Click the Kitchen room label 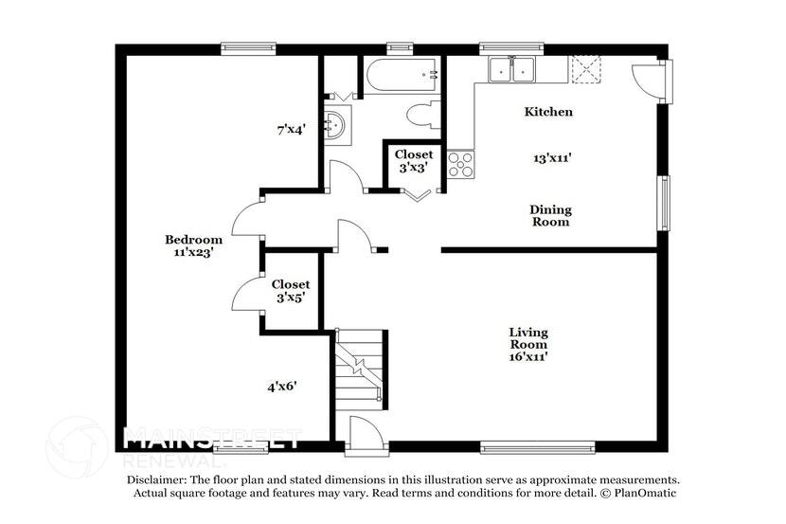[548, 112]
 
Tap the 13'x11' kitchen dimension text [551, 159]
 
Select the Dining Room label [550, 216]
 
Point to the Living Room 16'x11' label [528, 345]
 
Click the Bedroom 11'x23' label [193, 246]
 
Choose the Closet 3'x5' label [290, 291]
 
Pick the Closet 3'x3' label [414, 161]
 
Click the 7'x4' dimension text [290, 130]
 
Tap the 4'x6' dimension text [282, 387]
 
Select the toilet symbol [421, 115]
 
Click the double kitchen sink [511, 69]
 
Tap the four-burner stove [460, 165]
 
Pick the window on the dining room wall [665, 201]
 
